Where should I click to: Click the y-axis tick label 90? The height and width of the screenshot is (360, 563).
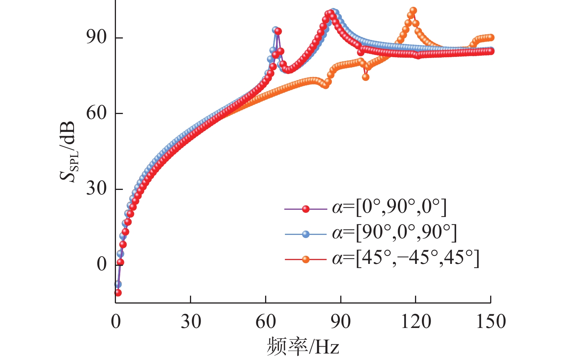[x=96, y=37]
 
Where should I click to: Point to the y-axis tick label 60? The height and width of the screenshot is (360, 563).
[x=96, y=113]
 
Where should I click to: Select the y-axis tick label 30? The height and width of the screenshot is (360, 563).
[x=96, y=188]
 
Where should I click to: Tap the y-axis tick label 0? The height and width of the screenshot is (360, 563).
[x=101, y=264]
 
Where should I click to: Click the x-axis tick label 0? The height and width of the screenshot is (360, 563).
[x=116, y=321]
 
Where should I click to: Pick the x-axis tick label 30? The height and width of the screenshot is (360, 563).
[x=191, y=321]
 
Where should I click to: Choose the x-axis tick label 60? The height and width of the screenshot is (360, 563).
[x=265, y=321]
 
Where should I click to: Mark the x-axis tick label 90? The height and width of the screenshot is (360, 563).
[x=341, y=321]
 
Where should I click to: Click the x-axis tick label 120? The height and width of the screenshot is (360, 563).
[x=416, y=321]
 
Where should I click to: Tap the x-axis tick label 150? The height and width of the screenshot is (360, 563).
[x=491, y=321]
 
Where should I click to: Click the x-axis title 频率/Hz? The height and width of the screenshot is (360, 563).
[x=303, y=346]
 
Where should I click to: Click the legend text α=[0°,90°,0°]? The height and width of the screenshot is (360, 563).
[x=389, y=208]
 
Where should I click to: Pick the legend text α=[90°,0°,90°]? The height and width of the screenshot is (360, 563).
[x=394, y=233]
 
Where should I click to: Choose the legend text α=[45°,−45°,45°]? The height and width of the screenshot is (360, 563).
[x=405, y=258]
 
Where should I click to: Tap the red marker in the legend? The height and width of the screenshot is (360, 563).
[x=306, y=209]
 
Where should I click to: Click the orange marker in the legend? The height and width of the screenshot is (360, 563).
[x=306, y=260]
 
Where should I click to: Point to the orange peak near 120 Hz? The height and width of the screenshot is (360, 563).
[x=413, y=11]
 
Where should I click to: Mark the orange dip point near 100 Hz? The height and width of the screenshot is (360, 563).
[x=365, y=77]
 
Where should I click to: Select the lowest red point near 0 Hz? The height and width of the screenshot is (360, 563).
[x=118, y=292]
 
